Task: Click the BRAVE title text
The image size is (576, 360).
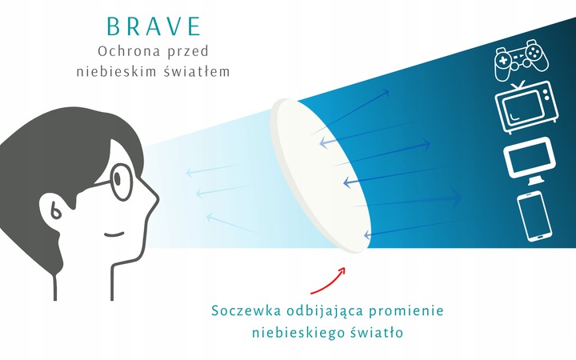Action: pyautogui.click(x=154, y=26)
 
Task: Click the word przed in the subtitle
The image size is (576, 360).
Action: pyautogui.click(x=188, y=52)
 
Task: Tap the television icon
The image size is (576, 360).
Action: pyautogui.click(x=526, y=107)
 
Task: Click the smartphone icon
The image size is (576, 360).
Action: pyautogui.click(x=534, y=216)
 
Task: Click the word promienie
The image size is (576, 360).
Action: pyautogui.click(x=406, y=311)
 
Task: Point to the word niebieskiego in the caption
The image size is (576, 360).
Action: pyautogui.click(x=298, y=333)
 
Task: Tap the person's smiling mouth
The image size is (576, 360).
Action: pyautogui.click(x=114, y=234)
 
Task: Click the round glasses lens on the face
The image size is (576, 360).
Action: pyautogui.click(x=122, y=182)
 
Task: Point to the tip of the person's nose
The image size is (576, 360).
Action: pyautogui.click(x=158, y=200)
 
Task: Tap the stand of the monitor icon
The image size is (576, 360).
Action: pyautogui.click(x=536, y=181)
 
